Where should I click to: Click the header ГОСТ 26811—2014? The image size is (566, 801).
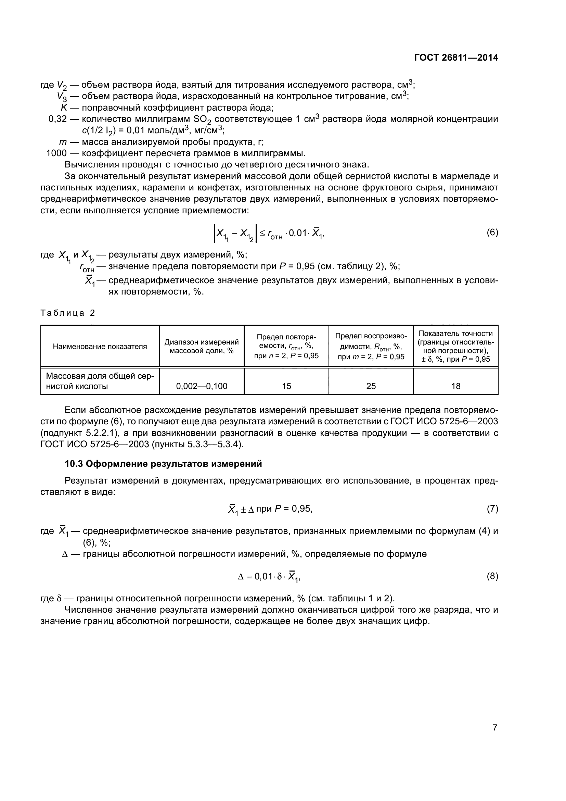click(x=456, y=58)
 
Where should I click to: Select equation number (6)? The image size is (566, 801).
click(x=492, y=232)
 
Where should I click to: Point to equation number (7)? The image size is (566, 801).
click(x=492, y=509)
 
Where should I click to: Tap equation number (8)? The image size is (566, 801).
click(x=492, y=576)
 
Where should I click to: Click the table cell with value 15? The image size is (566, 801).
click(x=286, y=386)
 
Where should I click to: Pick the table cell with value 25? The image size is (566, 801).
click(x=371, y=386)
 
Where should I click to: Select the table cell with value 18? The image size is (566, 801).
click(x=455, y=386)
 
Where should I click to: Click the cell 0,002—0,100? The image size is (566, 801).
click(x=202, y=386)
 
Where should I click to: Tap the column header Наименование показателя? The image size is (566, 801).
click(x=100, y=347)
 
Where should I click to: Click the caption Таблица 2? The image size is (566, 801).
click(x=68, y=313)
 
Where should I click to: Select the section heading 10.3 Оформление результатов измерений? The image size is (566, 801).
click(x=163, y=464)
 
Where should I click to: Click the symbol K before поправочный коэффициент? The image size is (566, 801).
click(x=64, y=108)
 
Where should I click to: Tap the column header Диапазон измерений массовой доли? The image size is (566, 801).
click(x=202, y=347)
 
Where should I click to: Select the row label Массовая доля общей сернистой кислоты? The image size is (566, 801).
click(x=100, y=381)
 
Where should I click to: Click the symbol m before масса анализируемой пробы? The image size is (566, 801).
click(x=63, y=142)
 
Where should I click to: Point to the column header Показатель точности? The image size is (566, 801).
click(x=455, y=346)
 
